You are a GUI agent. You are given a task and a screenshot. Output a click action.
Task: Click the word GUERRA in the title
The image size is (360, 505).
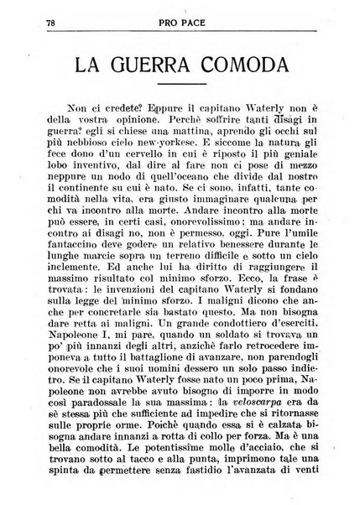(x=158, y=69)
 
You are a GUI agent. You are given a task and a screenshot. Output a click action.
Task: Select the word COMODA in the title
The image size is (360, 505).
(x=268, y=69)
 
